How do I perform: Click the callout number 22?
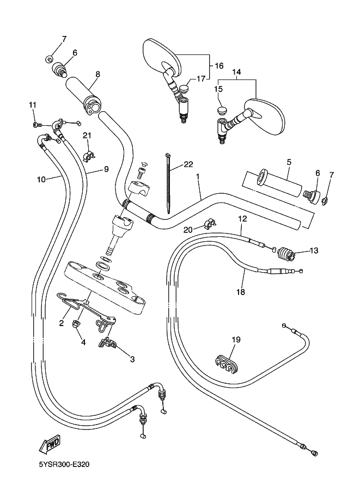coord(188,164)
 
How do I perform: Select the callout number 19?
coord(235,340)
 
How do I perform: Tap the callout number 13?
coord(314,251)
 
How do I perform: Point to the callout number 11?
coord(32,105)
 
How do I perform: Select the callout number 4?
coord(83,342)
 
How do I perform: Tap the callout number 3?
coord(132,359)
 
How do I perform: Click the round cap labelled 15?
coord(221,111)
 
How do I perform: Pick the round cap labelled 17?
coord(184,87)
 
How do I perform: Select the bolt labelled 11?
coord(36,125)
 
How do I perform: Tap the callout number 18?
coord(241,292)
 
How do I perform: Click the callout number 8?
coord(97,74)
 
